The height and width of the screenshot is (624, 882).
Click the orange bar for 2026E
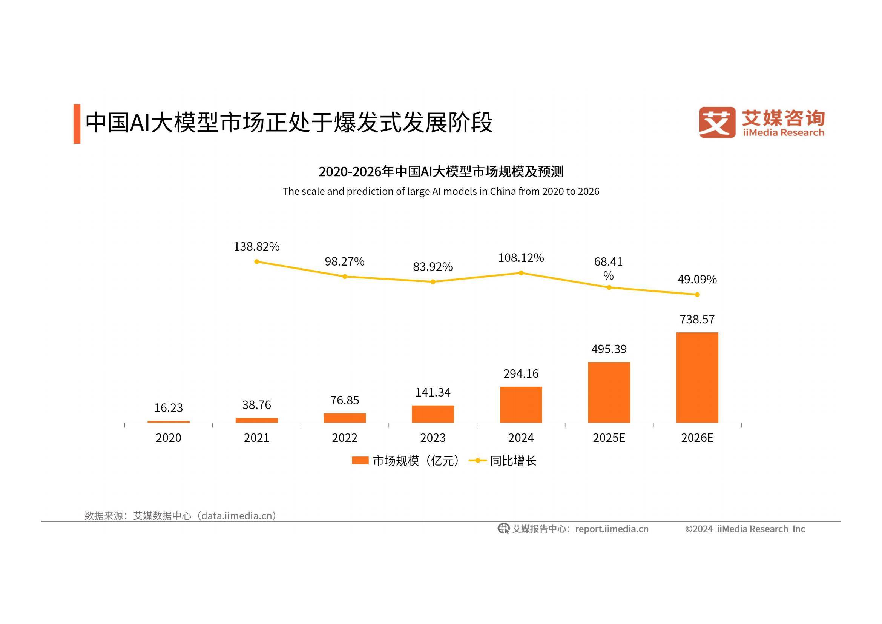point(697,377)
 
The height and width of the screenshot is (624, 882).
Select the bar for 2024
point(521,404)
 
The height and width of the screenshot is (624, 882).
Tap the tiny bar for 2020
point(168,421)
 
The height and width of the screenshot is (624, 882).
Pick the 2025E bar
point(609,392)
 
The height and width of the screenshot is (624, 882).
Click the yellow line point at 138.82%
point(257,262)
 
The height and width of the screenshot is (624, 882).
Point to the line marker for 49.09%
point(697,295)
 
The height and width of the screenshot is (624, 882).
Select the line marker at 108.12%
point(521,273)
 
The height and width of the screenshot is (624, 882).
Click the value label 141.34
point(433,392)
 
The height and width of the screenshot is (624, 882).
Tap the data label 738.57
point(697,319)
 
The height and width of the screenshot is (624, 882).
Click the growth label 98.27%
point(345,262)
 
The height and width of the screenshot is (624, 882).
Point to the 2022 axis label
point(345,438)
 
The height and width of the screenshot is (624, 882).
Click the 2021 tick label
point(257,438)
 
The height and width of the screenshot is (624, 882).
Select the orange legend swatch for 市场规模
point(360,460)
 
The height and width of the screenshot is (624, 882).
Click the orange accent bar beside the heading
point(77,124)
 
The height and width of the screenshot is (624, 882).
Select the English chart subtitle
point(440,191)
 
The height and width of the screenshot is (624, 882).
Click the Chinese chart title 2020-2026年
point(440,172)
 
